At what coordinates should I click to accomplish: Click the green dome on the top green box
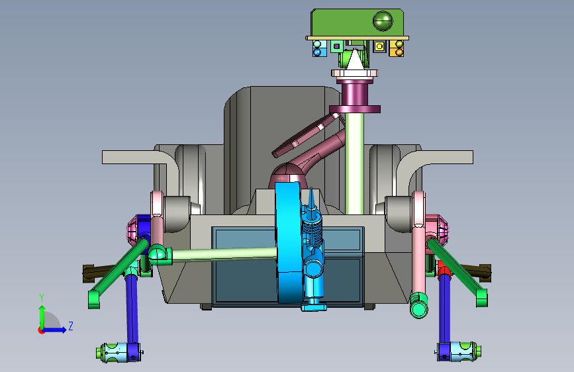[383, 21]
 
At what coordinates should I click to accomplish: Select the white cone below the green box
[354, 60]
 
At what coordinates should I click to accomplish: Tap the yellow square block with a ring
[379, 46]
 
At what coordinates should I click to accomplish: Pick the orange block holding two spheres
[397, 48]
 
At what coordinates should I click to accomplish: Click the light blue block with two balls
[320, 48]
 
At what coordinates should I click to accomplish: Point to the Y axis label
[42, 298]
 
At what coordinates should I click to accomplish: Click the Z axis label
[71, 326]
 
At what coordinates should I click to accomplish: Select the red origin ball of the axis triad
[41, 330]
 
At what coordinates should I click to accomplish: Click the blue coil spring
[312, 230]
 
